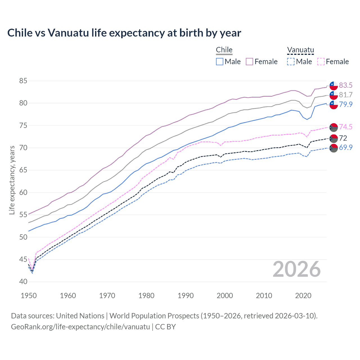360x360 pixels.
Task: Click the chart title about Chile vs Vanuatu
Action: coord(124,33)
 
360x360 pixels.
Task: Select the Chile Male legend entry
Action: coord(228,62)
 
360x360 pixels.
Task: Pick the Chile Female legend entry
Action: coord(262,62)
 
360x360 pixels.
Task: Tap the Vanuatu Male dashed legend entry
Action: coord(300,62)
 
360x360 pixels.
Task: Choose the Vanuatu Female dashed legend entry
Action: coord(333,62)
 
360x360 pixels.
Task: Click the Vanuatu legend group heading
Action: coord(300,50)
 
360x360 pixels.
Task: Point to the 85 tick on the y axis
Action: coord(23,81)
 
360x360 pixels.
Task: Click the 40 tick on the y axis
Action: coord(23,282)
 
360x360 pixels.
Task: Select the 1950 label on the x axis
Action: coord(29,296)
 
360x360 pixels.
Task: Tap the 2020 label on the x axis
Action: coord(303,296)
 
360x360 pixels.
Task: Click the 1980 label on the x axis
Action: coord(146,296)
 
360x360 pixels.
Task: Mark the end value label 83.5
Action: coord(346,85)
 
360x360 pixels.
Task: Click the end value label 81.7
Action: coord(346,95)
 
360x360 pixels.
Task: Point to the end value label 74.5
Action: coord(346,127)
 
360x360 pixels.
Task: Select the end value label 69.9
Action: coord(346,147)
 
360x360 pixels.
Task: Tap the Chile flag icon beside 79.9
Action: coord(334,105)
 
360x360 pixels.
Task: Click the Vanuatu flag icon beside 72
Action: coord(334,138)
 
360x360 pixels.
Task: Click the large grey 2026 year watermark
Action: coord(296,269)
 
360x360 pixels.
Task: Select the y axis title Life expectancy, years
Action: coord(12,180)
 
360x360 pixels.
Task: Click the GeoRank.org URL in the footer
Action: coord(80,327)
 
